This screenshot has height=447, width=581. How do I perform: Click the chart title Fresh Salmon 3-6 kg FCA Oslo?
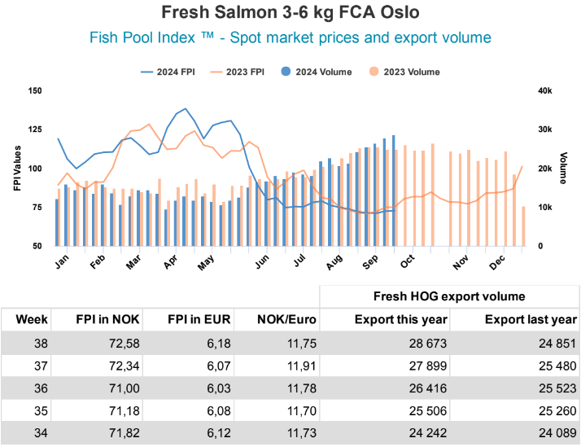pos(290,14)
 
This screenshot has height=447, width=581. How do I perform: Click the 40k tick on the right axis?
pos(544,90)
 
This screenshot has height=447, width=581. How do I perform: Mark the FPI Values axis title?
pos(17,169)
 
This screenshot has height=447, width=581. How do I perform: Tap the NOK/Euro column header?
pos(284,319)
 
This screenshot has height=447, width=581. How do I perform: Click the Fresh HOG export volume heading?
pos(449,296)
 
